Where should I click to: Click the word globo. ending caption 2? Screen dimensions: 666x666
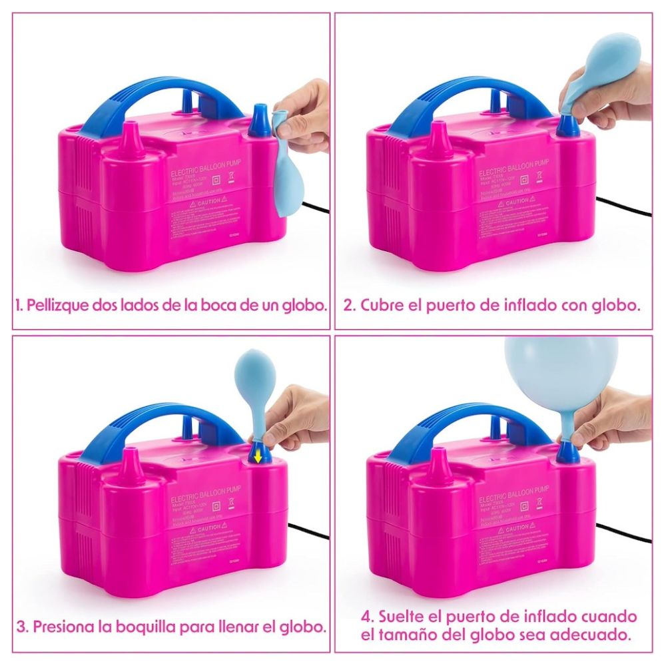click(615, 306)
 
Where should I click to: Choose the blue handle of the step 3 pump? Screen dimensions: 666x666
click(157, 426)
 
